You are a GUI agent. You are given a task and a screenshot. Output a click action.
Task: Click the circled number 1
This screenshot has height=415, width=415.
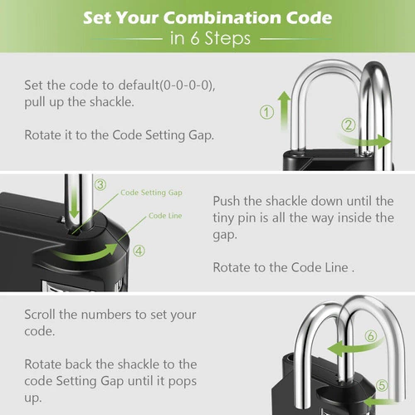coord(266,112)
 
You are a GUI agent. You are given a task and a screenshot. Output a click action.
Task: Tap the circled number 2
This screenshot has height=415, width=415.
coord(349,125)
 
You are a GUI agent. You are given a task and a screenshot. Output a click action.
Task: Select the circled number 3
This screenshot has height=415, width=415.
coord(100,184)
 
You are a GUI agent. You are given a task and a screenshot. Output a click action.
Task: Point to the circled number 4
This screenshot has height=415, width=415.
coord(139,251)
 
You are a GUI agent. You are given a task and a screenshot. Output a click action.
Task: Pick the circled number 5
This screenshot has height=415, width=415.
coord(382,385)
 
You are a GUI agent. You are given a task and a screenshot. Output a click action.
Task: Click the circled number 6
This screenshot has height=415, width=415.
coord(371,336)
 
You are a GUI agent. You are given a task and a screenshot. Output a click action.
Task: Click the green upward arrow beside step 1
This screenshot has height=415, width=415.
coord(284,110)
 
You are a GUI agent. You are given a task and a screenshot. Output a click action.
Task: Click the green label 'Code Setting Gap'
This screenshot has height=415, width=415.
coord(151,193)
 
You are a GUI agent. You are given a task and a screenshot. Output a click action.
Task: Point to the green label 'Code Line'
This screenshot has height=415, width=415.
coord(165,216)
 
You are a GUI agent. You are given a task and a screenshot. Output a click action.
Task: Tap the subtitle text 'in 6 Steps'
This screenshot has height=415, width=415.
coord(210,38)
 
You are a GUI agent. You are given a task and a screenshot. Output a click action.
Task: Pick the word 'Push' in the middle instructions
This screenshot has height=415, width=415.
coord(226,201)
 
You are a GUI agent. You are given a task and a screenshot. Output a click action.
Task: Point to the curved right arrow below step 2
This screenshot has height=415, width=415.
coord(364,141)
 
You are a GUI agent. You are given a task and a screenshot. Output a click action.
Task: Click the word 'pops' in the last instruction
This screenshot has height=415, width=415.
coord(183,382)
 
